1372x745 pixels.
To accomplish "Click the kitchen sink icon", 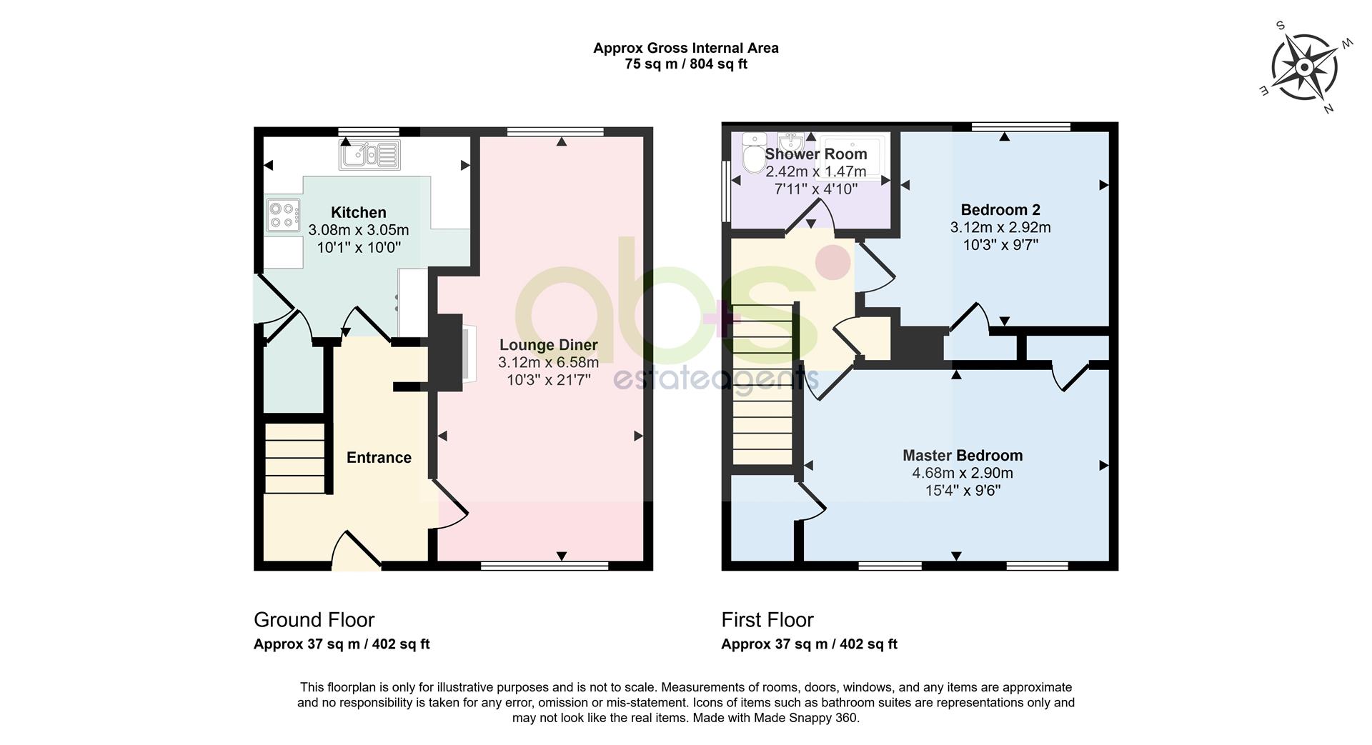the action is click(x=369, y=154).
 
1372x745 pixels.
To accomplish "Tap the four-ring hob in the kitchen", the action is click(x=283, y=216).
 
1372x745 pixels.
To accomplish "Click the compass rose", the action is click(x=1304, y=68).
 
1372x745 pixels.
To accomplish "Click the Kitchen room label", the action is click(x=359, y=212).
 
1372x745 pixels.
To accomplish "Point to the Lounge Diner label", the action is click(x=549, y=345).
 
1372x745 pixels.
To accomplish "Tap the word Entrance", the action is click(x=379, y=458).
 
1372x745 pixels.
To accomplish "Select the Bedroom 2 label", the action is click(x=1000, y=210).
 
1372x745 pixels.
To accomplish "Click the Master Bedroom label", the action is click(x=963, y=456).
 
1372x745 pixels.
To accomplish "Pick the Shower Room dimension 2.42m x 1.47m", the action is click(x=816, y=171).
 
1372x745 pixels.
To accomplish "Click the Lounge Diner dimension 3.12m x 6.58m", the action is click(x=549, y=363).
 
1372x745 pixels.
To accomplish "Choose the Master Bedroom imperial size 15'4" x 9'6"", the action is click(x=963, y=491).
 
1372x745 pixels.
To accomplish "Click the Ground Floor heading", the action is click(x=314, y=619).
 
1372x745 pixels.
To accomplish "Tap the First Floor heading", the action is click(x=767, y=619).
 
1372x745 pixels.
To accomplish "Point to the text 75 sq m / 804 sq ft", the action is click(x=686, y=64).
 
